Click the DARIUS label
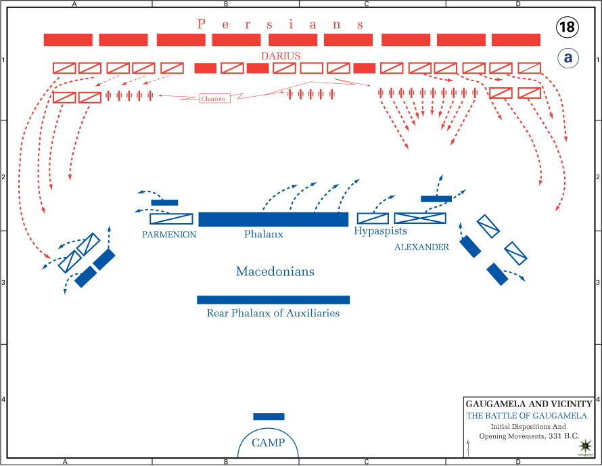(x=281, y=56)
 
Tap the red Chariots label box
(x=214, y=99)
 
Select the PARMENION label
(x=169, y=235)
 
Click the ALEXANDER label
(x=421, y=248)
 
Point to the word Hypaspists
(x=381, y=231)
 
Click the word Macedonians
(x=275, y=272)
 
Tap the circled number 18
(x=568, y=27)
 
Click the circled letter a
(x=568, y=58)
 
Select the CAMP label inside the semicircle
(x=269, y=443)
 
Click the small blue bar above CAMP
(x=269, y=417)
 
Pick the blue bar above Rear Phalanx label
(x=273, y=300)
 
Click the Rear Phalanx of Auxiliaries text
(x=273, y=313)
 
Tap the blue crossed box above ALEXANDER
(x=420, y=218)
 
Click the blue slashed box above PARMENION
(x=171, y=218)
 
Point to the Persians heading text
(x=281, y=24)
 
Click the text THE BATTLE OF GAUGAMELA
(x=527, y=415)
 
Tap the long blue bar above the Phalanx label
(x=273, y=219)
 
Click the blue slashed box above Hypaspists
(x=373, y=218)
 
